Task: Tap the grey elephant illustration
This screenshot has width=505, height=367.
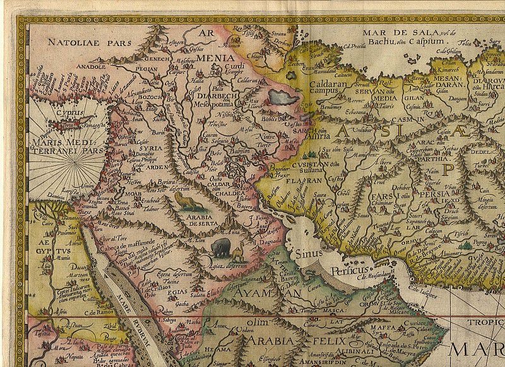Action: pyautogui.click(x=220, y=247)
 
